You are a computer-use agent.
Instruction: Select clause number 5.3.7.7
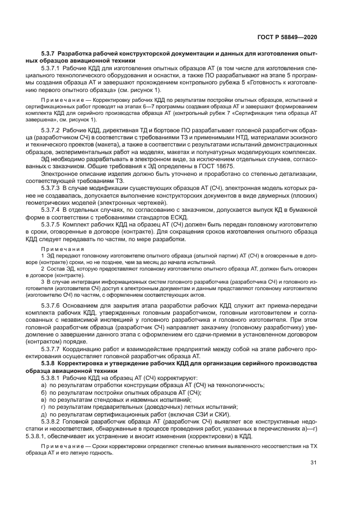(52, 347)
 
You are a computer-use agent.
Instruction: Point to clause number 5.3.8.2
(52, 420)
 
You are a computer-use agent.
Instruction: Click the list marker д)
(44, 413)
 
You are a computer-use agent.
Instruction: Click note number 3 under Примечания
(42, 281)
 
